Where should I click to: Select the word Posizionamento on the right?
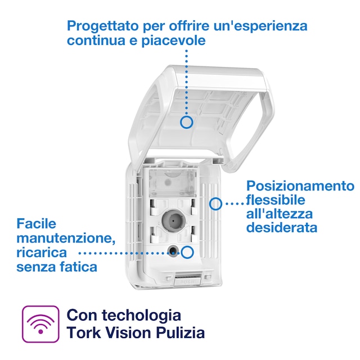tap(301, 186)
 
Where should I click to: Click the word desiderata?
tap(282, 228)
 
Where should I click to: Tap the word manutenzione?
tap(66, 238)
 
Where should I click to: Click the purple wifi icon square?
tap(40, 324)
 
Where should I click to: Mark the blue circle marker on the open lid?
tap(187, 121)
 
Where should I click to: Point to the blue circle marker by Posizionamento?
tap(215, 204)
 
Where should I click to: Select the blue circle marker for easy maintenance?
tap(187, 252)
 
